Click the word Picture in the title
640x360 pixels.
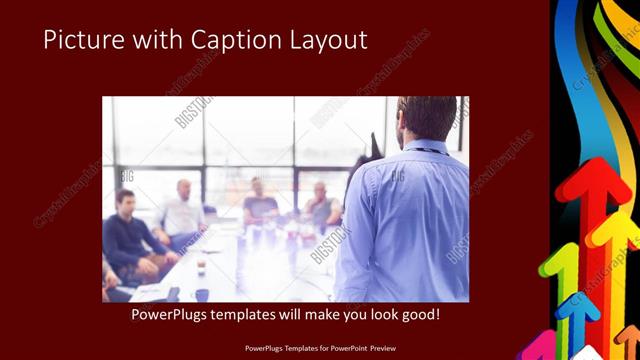pos(80,40)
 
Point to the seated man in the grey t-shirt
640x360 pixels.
pos(260,205)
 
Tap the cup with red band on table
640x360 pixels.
pos(201,266)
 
